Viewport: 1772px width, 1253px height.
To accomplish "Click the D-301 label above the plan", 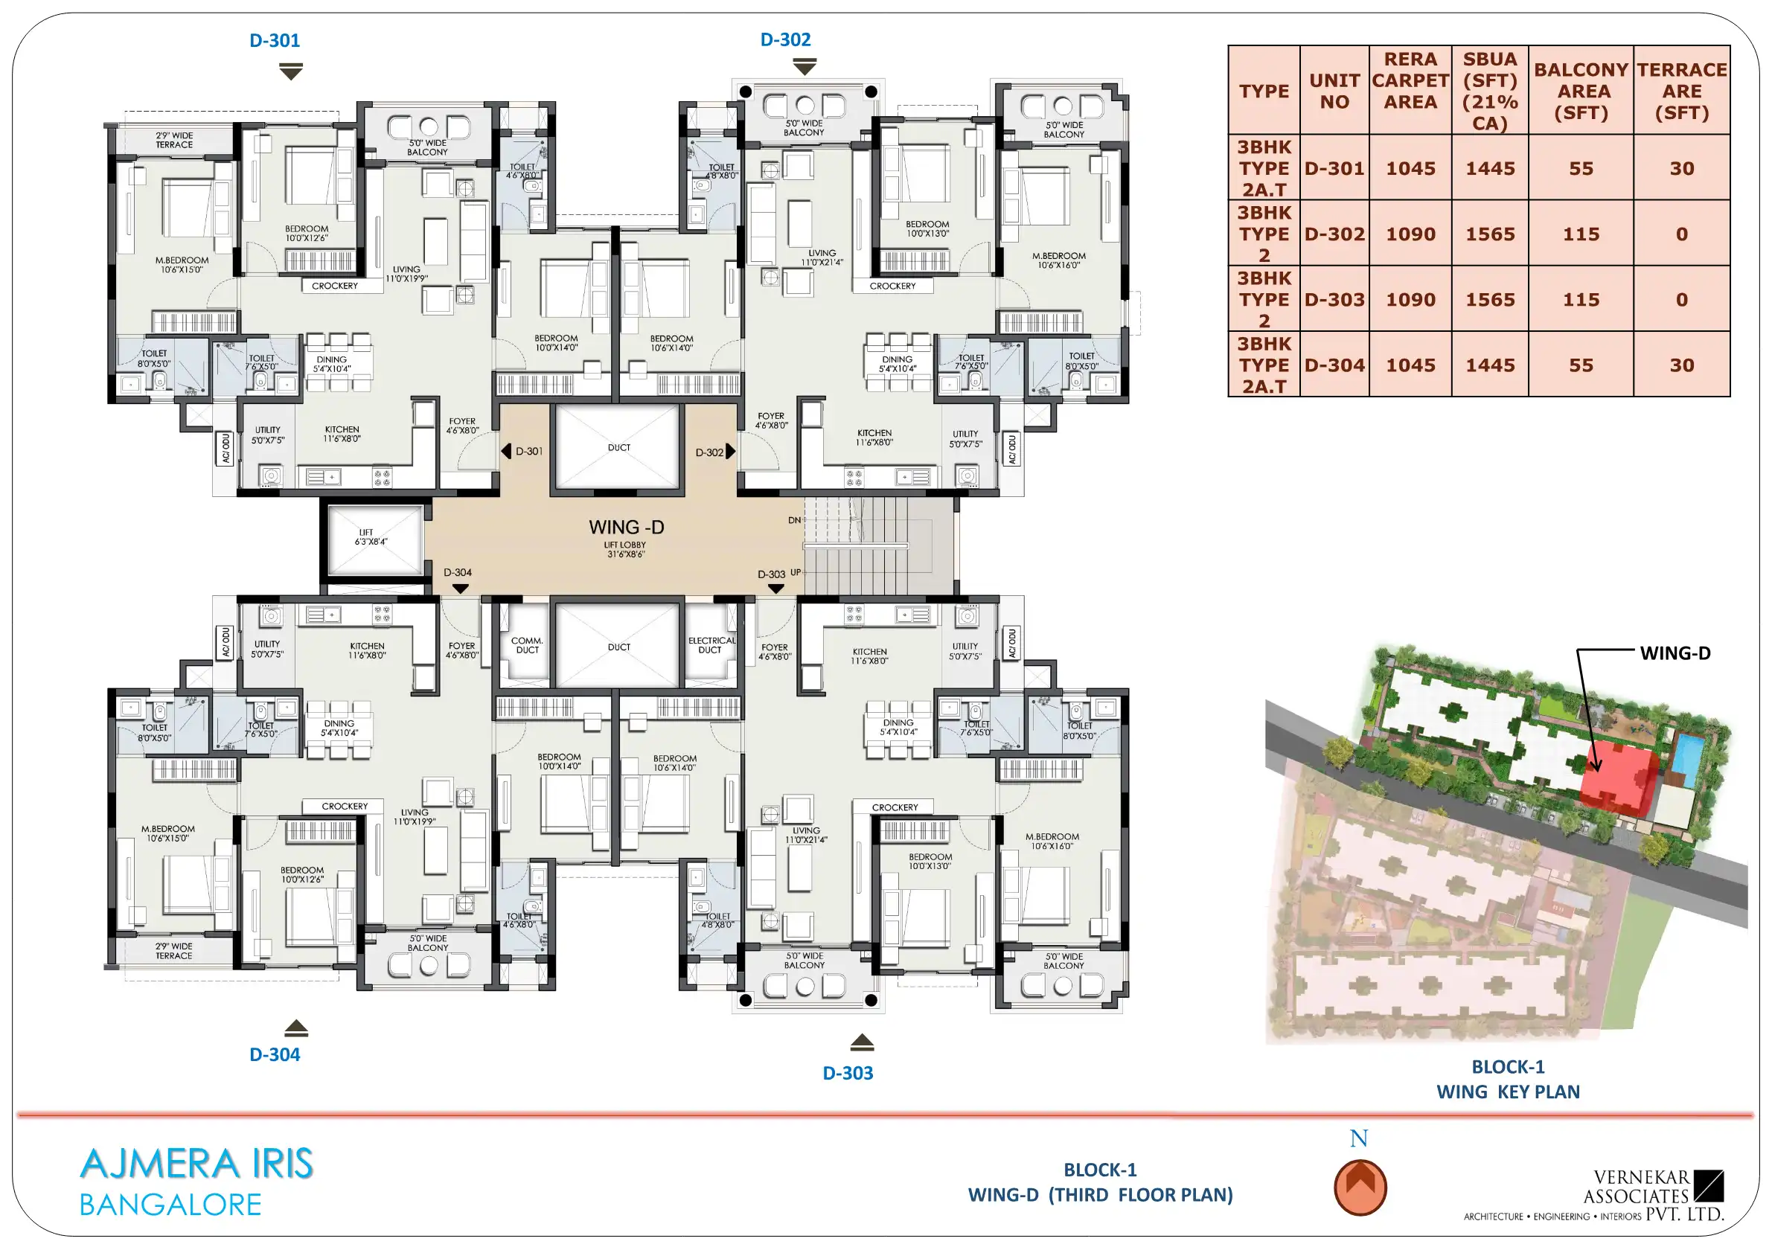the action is click(x=275, y=40).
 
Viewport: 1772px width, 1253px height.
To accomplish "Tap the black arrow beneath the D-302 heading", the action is click(x=805, y=68).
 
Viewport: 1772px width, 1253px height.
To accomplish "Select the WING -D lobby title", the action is click(x=626, y=527).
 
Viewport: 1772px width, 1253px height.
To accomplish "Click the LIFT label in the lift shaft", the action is click(x=366, y=532).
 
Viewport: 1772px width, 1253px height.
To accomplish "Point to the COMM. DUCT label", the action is click(x=527, y=645).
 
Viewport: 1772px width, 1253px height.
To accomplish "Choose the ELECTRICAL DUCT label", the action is click(x=711, y=645).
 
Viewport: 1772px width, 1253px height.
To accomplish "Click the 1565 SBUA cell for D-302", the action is click(x=1489, y=234).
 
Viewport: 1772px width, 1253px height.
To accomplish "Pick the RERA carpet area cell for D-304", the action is click(x=1410, y=365).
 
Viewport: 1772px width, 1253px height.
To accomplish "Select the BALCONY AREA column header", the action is click(x=1581, y=91).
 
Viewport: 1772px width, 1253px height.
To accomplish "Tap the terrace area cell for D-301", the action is click(x=1682, y=168).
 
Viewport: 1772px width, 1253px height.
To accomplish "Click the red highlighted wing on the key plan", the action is click(x=1617, y=778).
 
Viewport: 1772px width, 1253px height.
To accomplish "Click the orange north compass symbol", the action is click(x=1360, y=1188).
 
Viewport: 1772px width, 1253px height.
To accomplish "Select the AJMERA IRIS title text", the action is click(x=196, y=1164).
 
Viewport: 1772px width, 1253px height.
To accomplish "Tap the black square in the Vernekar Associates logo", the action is click(x=1709, y=1186).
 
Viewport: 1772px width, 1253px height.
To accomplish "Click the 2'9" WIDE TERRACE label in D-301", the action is click(x=174, y=140).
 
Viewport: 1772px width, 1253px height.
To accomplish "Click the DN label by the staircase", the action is click(x=794, y=520).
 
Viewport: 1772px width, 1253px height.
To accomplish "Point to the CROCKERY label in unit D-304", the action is click(x=345, y=807).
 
